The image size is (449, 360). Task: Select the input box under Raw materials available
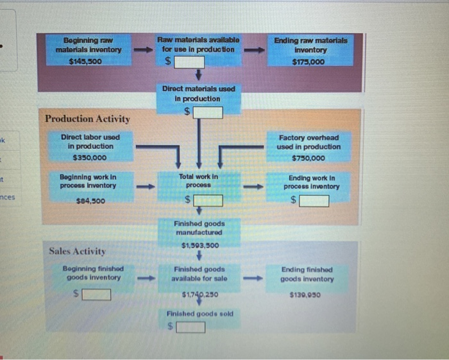(191, 62)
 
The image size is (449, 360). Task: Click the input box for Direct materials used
(208, 113)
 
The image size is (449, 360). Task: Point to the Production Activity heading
(87, 119)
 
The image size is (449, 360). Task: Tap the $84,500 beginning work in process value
(89, 201)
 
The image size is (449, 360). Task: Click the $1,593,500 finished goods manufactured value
(199, 245)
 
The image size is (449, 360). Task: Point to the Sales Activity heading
(78, 251)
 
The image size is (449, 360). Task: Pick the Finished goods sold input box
(191, 328)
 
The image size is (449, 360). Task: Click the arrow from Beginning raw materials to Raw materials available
(140, 49)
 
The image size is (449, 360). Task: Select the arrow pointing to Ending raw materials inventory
(256, 49)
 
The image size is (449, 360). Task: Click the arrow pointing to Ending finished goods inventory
(256, 279)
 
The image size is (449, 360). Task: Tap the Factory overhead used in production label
(309, 142)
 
